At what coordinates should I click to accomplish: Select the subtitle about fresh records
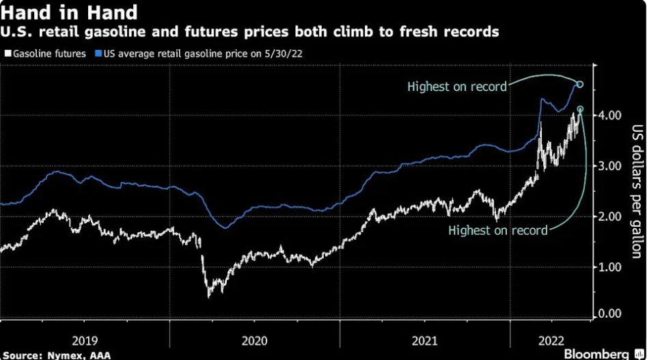point(250,31)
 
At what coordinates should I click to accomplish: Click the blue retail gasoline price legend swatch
point(98,53)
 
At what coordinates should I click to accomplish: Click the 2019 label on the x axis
point(85,339)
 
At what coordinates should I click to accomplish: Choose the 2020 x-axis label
point(255,339)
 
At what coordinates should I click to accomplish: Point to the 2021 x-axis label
point(425,339)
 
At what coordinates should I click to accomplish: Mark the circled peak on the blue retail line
point(580,84)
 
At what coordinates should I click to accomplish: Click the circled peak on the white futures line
point(580,109)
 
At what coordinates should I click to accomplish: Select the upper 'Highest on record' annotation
point(456,87)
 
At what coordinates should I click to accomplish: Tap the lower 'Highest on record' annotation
point(497,230)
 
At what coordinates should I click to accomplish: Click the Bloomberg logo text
point(596,354)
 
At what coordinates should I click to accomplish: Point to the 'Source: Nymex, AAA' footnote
point(47,355)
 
